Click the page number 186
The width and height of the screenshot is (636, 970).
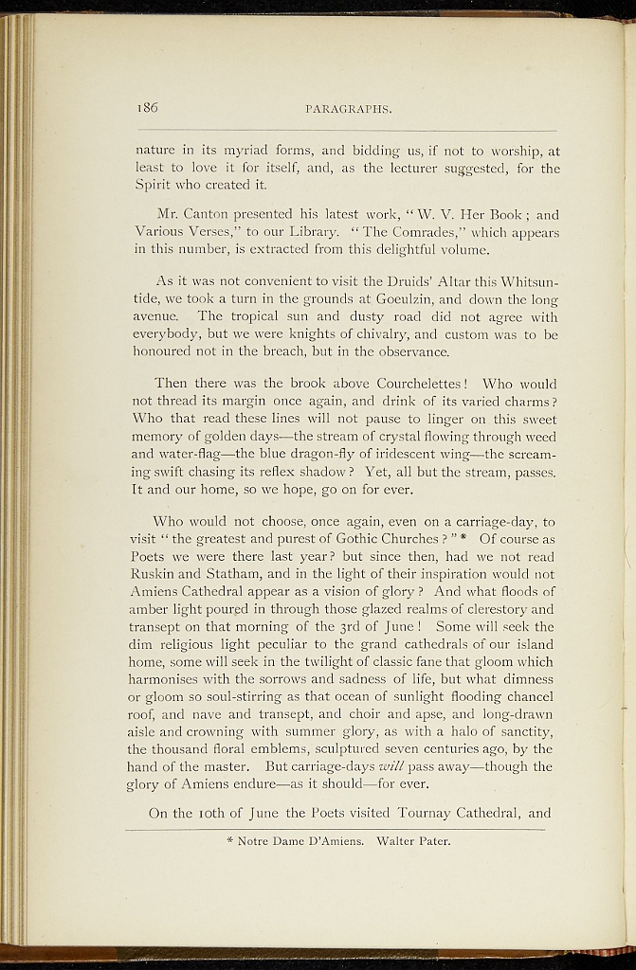click(146, 108)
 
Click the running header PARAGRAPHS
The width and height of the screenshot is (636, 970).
click(349, 109)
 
